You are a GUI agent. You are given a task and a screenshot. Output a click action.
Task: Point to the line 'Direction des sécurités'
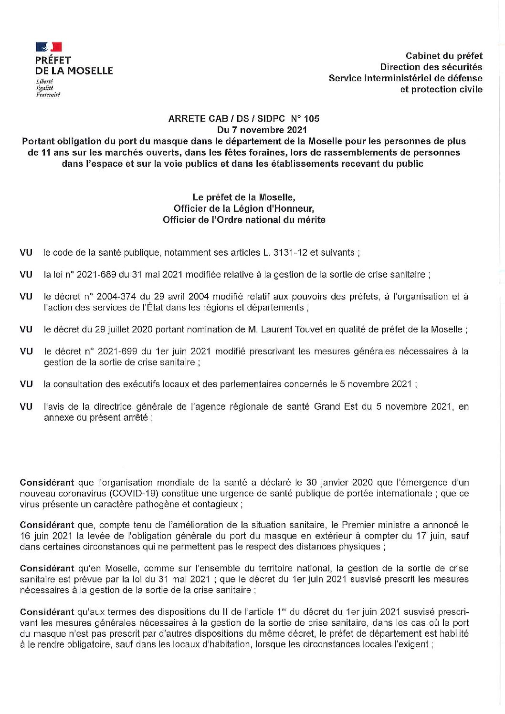(431, 67)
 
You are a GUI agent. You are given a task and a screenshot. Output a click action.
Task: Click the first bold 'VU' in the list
(26, 252)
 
